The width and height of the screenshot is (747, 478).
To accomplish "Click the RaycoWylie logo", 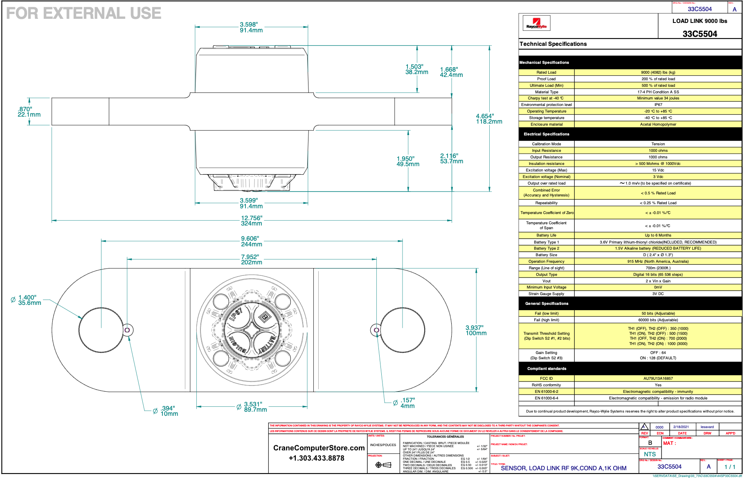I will (536, 23).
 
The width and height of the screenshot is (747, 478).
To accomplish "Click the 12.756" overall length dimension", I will (251, 221).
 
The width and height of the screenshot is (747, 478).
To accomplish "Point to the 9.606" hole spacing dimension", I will (251, 241).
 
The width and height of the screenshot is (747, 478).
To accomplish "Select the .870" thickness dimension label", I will (29, 112).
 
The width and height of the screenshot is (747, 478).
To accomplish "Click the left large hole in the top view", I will (101, 330).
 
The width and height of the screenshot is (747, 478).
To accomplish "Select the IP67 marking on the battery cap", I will (236, 314).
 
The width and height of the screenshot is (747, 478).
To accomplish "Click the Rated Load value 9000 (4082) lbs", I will (658, 72).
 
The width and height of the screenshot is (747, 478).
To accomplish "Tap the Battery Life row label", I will (546, 235).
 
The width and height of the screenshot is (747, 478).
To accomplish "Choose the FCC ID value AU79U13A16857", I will (658, 379).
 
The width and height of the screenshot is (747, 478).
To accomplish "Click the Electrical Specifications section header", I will (546, 134).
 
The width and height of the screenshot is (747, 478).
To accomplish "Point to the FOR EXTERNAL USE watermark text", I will (84, 13).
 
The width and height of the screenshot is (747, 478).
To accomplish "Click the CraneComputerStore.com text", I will (319, 448).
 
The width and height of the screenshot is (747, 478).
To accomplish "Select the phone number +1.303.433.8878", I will (316, 458).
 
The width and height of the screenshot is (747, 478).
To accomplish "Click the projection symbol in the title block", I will (383, 464).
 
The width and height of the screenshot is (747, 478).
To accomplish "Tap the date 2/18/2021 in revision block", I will (681, 427).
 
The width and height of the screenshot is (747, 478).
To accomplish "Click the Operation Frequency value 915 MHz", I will (658, 262).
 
